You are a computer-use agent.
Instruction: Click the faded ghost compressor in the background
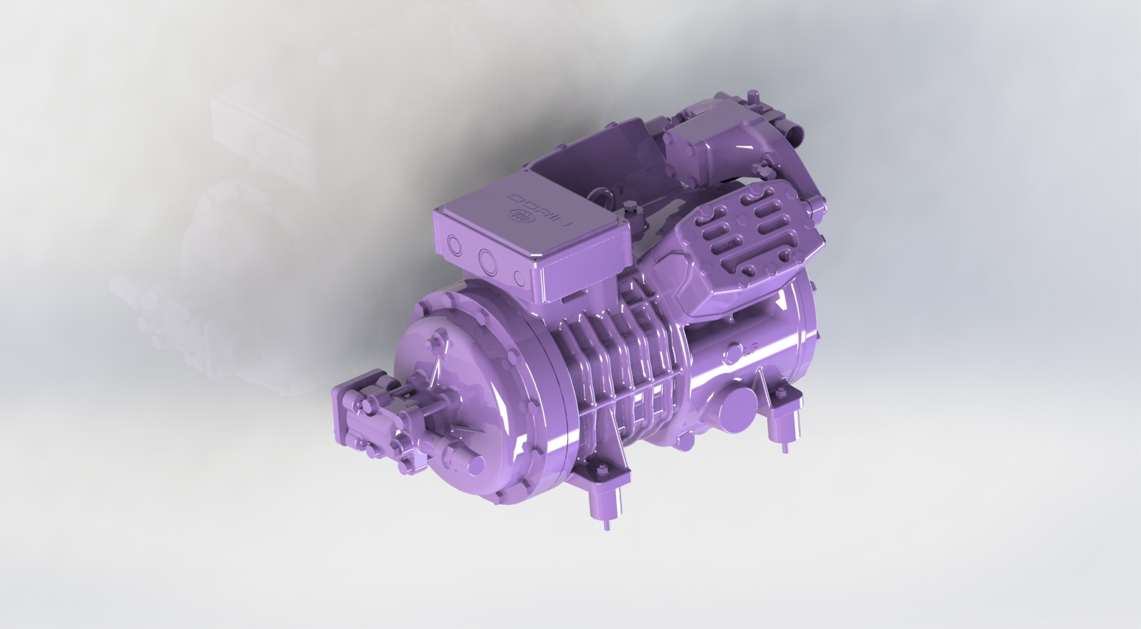coord(237,215)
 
